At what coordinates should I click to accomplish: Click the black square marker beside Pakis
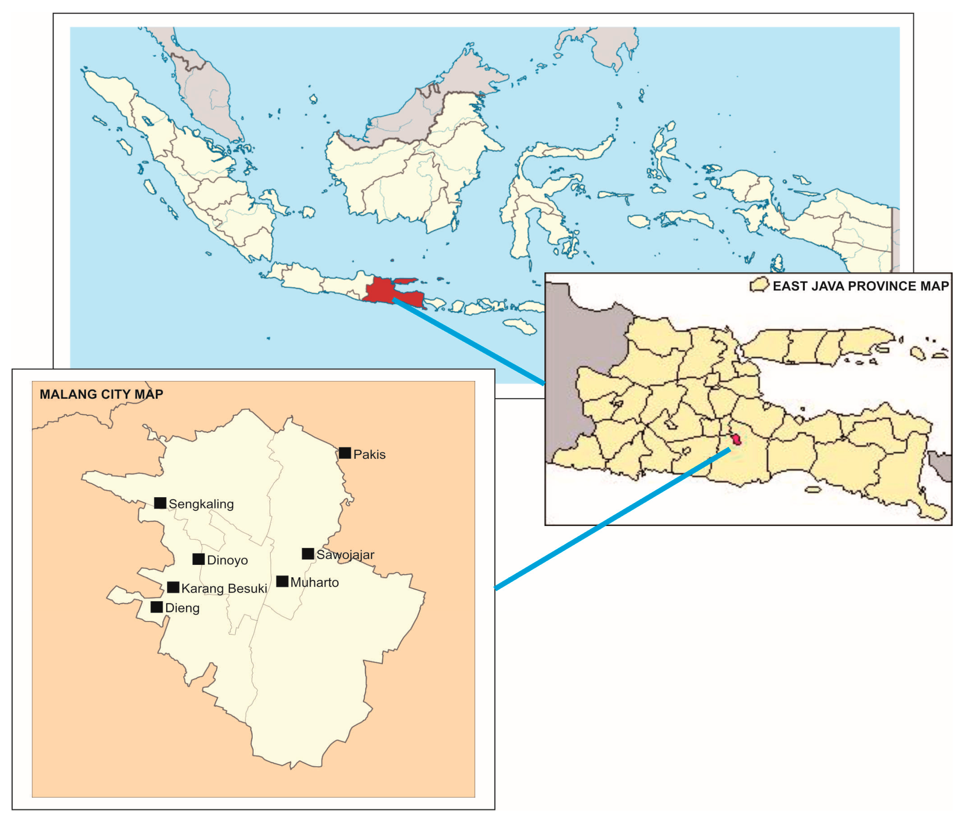click(345, 453)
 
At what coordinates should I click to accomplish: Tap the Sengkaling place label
click(201, 504)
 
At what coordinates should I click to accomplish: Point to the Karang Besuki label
click(224, 588)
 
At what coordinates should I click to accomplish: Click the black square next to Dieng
click(157, 607)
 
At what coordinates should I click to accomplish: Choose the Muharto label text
click(314, 583)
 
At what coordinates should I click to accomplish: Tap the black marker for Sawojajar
click(308, 554)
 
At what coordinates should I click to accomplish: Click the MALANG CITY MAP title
click(101, 394)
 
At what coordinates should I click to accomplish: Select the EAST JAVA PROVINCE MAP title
click(860, 286)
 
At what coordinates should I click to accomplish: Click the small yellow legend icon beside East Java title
click(759, 285)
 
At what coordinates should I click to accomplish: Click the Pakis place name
click(369, 455)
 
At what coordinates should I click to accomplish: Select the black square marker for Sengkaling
click(160, 503)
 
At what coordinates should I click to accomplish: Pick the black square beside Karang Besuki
click(173, 587)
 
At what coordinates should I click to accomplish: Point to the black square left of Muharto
click(282, 581)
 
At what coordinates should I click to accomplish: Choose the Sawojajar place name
click(345, 555)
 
